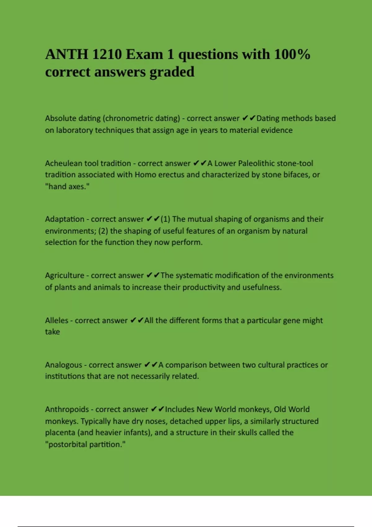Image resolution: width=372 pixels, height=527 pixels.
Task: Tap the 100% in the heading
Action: coord(292,55)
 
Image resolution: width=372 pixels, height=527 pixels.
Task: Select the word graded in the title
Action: coord(172,72)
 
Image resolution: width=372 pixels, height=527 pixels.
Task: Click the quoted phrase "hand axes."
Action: coord(67,187)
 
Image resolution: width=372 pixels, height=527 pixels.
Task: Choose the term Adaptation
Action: coord(64,219)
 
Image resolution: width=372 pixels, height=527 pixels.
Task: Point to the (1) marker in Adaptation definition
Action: coord(165,219)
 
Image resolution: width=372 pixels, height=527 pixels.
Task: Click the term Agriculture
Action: coord(64,276)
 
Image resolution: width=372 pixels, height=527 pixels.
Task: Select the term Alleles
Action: coord(56,321)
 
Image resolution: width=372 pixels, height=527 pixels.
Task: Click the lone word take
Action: coord(52,332)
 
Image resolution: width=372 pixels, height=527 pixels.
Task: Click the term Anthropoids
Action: coord(67,410)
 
